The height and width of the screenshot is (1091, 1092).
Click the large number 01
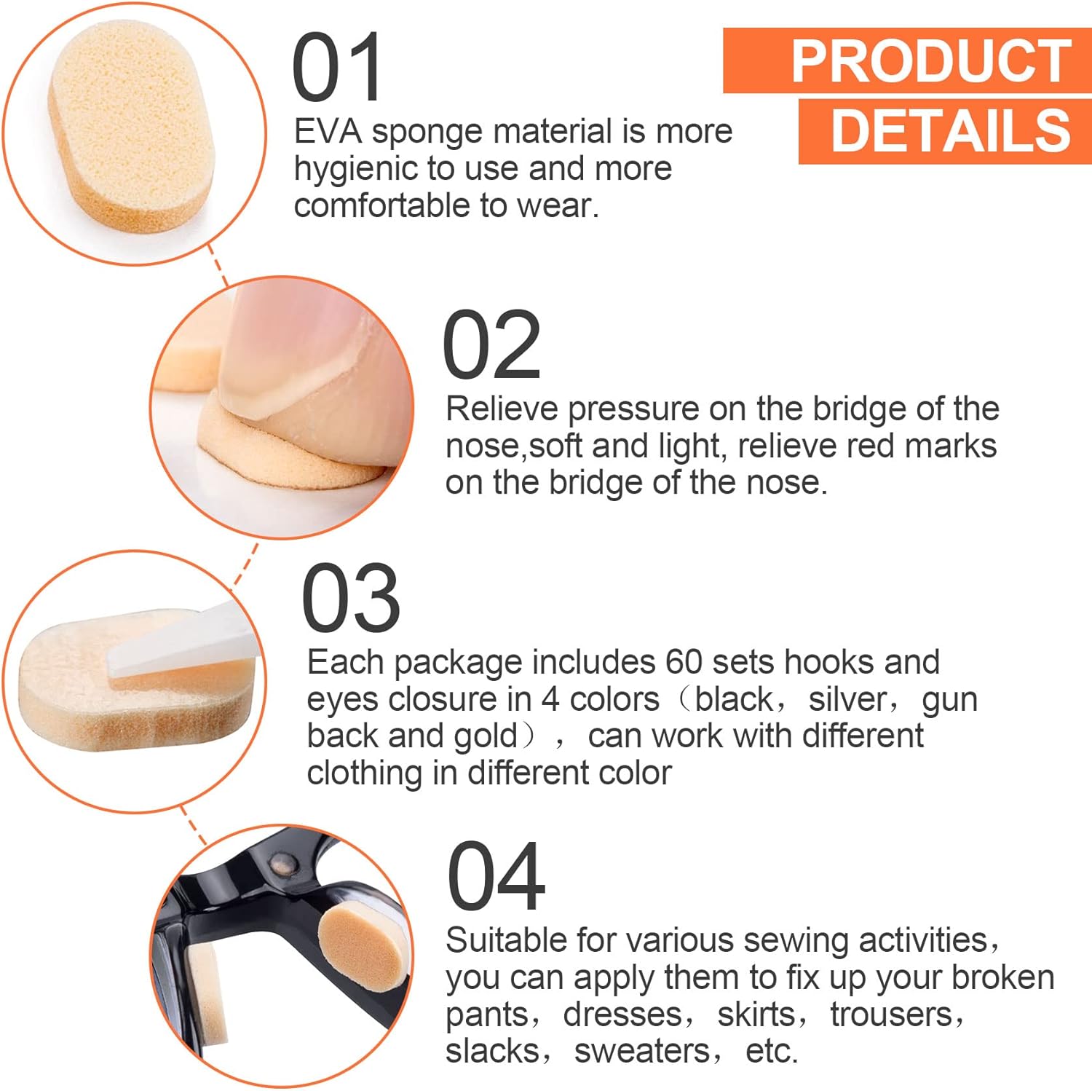337,67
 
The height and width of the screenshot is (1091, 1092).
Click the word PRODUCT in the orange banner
930,61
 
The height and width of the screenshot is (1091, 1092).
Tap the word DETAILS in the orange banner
951,131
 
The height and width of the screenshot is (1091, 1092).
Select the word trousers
891,1015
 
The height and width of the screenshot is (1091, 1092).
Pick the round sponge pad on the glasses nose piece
363,947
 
